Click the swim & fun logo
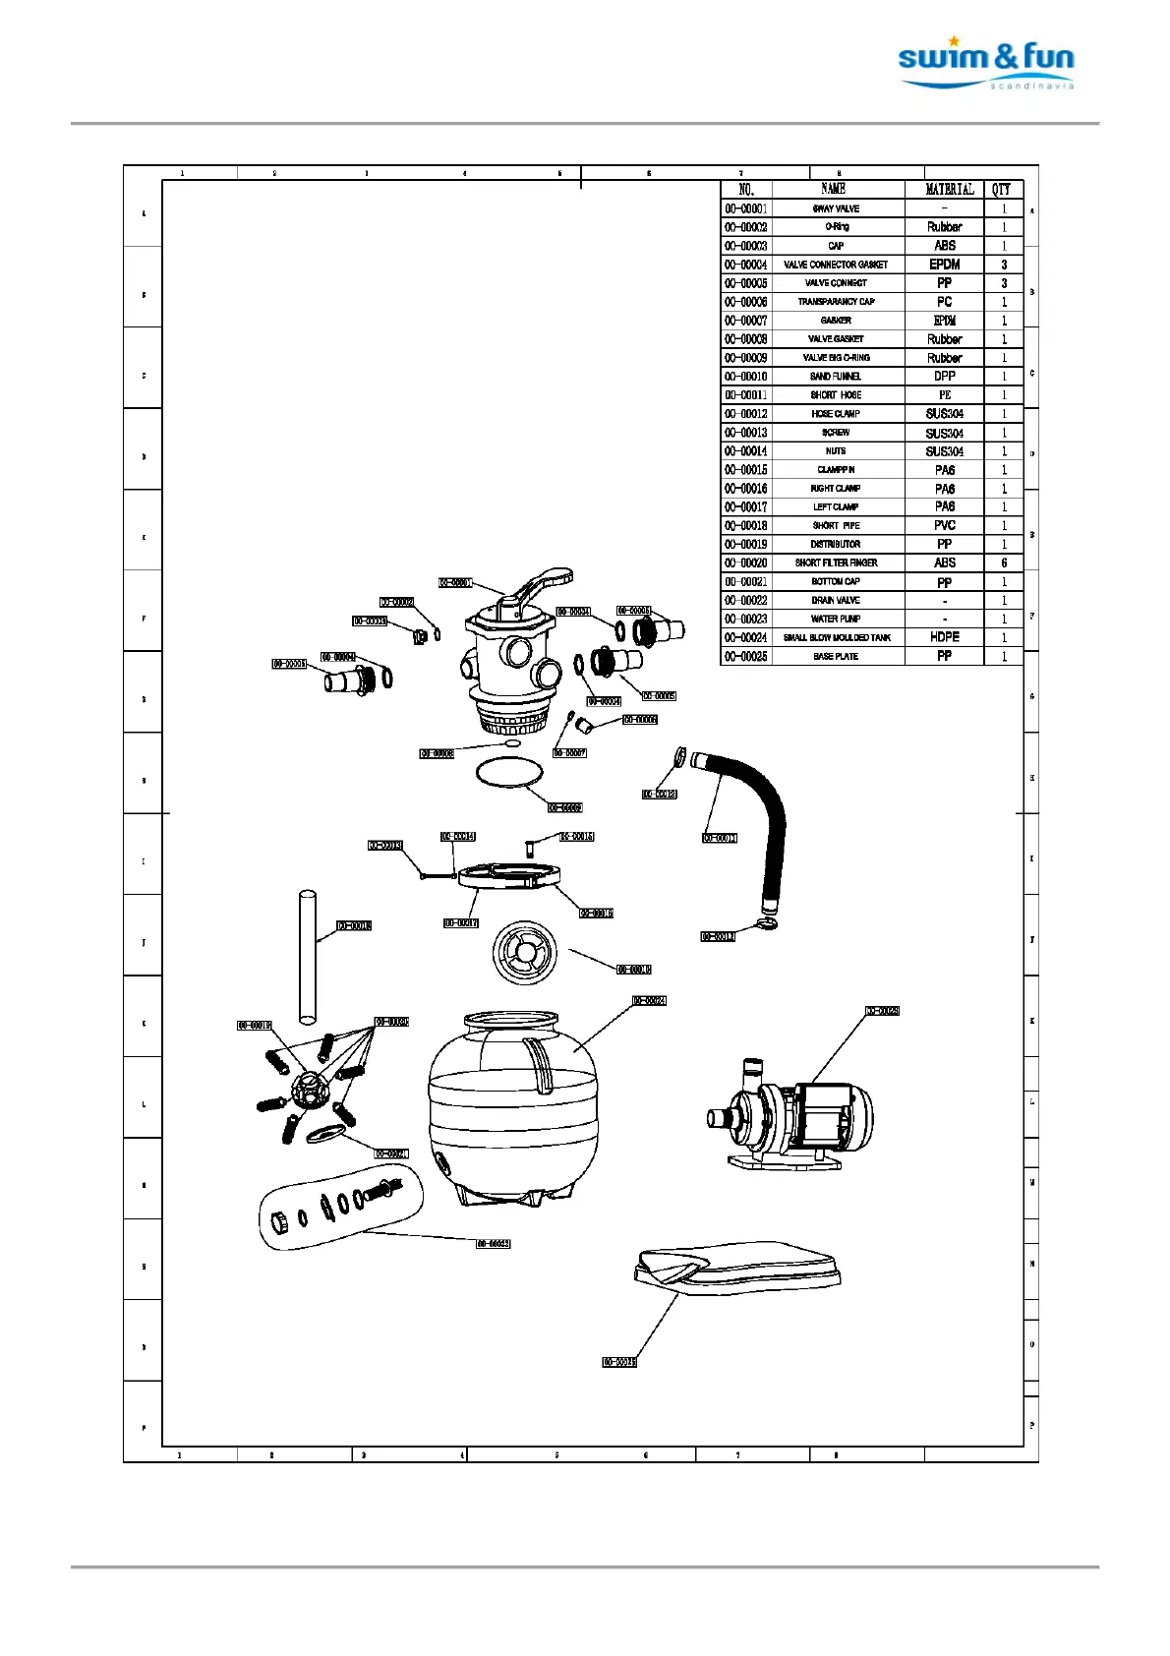[985, 65]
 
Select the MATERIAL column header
[949, 190]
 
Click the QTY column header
[1001, 190]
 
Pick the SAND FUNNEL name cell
[836, 377]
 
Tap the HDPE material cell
[944, 637]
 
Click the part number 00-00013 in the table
[746, 433]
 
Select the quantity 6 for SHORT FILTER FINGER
[1004, 563]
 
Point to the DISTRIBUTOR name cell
[836, 545]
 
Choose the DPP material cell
[944, 377]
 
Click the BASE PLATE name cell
[836, 657]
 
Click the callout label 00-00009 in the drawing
[564, 808]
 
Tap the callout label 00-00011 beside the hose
[719, 838]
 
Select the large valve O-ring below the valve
[508, 773]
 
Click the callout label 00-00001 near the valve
[455, 583]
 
